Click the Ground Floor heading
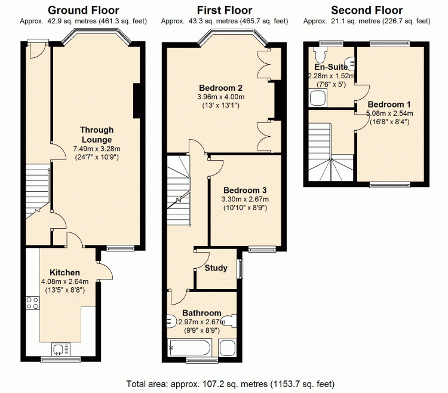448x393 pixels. [x=84, y=11]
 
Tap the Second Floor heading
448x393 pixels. [x=367, y=11]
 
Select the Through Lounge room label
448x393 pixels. [x=97, y=135]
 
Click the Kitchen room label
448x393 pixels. [x=65, y=272]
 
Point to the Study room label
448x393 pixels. [x=216, y=268]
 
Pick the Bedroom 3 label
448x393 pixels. [x=245, y=190]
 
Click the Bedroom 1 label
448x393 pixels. [x=389, y=105]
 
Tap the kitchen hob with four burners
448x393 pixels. [x=33, y=303]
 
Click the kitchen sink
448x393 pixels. [x=61, y=349]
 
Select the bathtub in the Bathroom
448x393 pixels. [x=191, y=348]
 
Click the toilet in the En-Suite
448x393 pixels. [x=320, y=54]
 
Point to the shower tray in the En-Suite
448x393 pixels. [x=318, y=98]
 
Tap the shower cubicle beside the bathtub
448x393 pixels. [x=228, y=348]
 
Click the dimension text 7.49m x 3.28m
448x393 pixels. [x=97, y=149]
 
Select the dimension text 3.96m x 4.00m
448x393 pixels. [x=221, y=97]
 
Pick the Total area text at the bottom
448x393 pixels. [x=231, y=384]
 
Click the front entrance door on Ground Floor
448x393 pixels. [x=38, y=50]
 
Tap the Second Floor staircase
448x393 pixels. [x=331, y=152]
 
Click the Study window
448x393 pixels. [x=241, y=269]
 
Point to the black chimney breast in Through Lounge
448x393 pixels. [x=137, y=100]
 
